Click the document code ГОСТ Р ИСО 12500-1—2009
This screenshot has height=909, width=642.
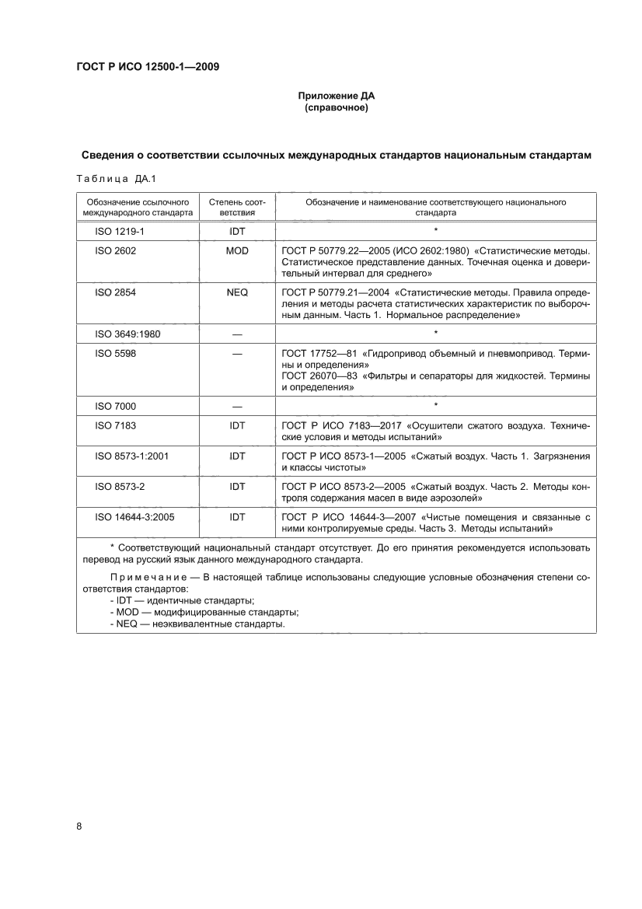(x=147, y=67)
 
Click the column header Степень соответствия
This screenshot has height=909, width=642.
(x=237, y=207)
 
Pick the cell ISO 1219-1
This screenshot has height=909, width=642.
(x=115, y=232)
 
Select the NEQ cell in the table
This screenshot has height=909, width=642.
(x=237, y=293)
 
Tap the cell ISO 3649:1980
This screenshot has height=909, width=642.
(x=127, y=334)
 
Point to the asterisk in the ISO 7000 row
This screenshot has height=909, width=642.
(x=436, y=405)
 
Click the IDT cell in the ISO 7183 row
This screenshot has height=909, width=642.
(x=237, y=426)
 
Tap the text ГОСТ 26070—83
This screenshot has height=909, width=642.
(x=319, y=376)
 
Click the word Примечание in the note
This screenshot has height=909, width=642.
(x=146, y=578)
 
